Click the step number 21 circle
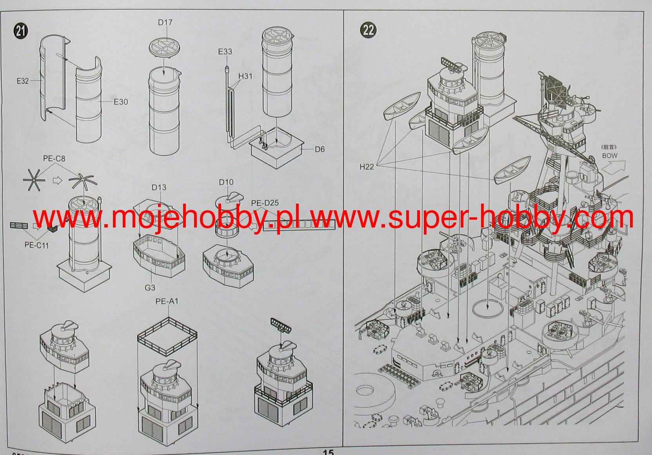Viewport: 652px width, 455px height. (21, 31)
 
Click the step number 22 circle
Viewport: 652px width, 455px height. (368, 30)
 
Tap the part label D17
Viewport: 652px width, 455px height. (165, 22)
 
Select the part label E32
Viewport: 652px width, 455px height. (22, 81)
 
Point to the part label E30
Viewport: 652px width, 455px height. (120, 102)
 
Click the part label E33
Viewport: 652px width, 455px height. (225, 52)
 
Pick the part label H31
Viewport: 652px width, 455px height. (245, 76)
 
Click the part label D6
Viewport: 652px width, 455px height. (320, 149)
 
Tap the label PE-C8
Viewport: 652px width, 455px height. (54, 159)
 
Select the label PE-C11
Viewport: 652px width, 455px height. (37, 245)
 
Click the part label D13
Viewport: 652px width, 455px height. (159, 188)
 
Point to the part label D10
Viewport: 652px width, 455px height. (226, 182)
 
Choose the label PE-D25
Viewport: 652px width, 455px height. (265, 203)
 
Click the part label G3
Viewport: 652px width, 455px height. (150, 288)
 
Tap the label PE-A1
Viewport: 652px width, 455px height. (167, 301)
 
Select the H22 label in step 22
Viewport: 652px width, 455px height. (367, 167)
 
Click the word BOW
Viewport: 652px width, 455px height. (610, 155)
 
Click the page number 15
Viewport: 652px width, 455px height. (328, 452)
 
